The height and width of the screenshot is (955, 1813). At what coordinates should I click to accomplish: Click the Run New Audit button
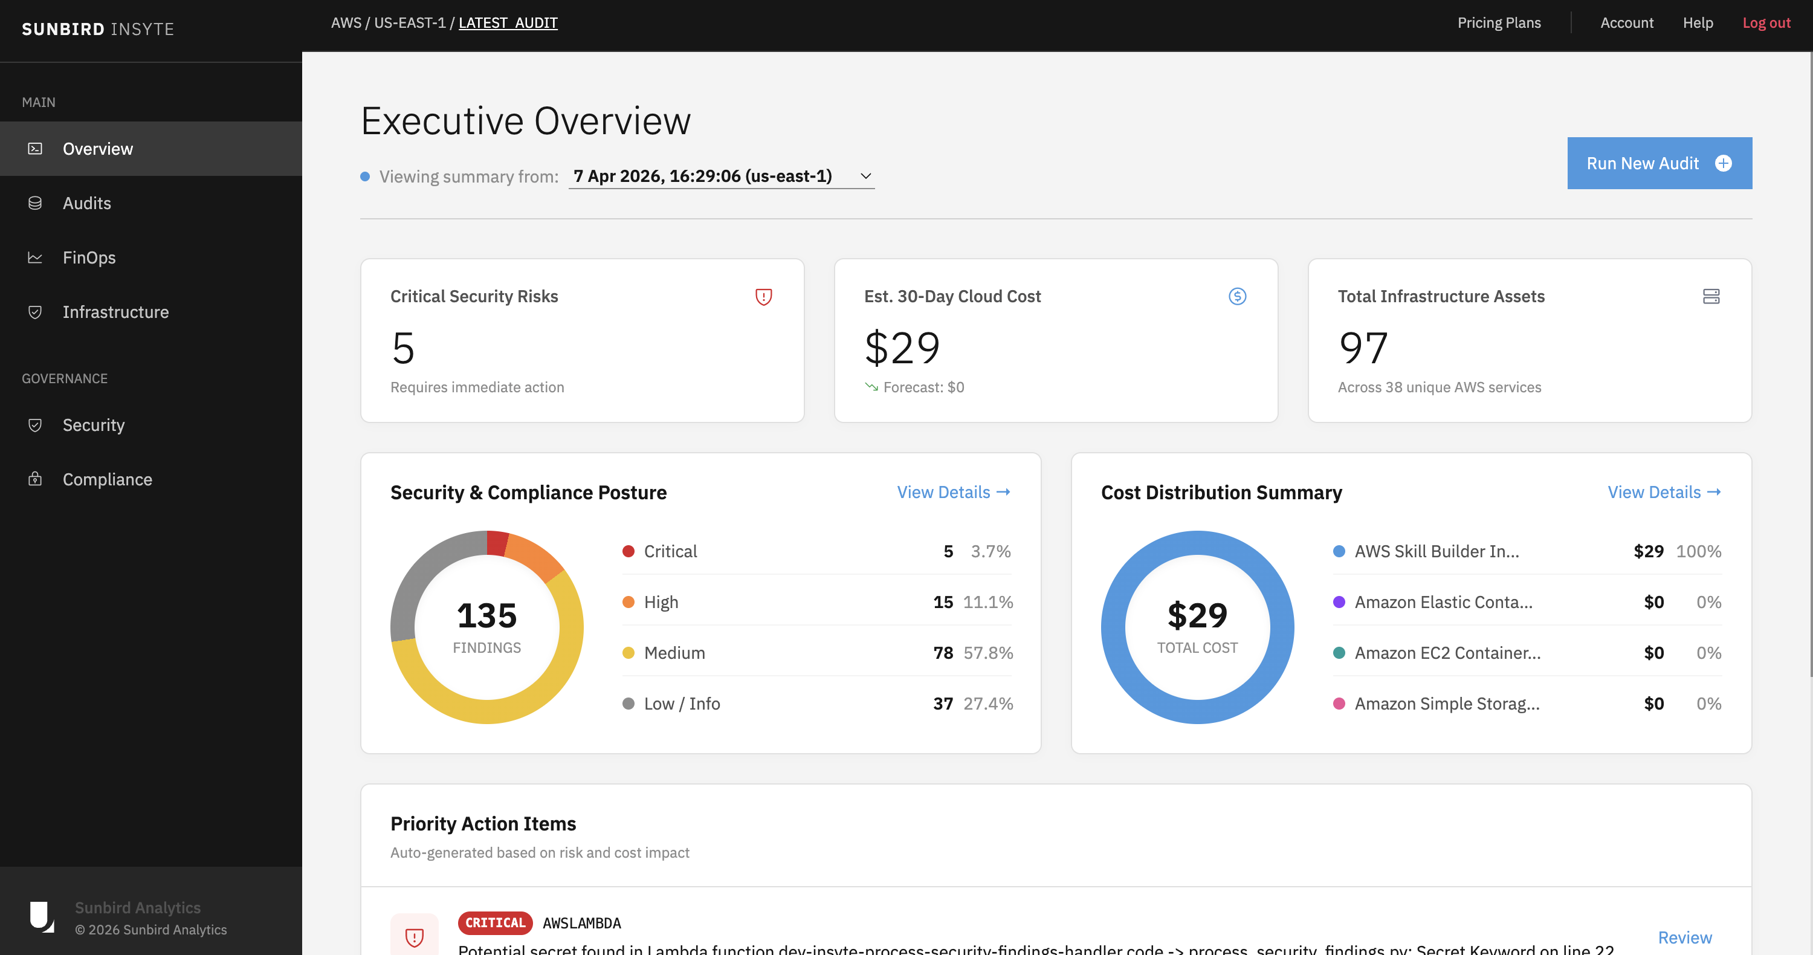point(1659,163)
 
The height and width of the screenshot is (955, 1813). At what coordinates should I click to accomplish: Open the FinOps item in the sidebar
point(89,257)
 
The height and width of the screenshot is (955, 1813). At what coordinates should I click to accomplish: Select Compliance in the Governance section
point(107,479)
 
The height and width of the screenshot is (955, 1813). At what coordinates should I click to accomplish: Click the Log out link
point(1766,22)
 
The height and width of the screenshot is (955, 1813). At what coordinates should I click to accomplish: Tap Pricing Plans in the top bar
point(1498,22)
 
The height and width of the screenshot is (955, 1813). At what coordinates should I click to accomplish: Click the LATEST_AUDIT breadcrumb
point(508,22)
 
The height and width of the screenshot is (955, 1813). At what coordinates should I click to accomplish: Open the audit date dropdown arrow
point(865,176)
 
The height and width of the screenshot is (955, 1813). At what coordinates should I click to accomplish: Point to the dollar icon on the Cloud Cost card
point(1237,296)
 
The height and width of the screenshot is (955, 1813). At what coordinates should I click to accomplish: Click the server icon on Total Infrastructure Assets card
point(1711,296)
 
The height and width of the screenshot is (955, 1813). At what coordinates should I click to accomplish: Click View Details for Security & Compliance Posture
point(953,492)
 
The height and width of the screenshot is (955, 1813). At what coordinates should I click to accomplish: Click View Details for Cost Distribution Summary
point(1664,492)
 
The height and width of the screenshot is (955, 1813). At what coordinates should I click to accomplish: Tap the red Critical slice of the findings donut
point(497,543)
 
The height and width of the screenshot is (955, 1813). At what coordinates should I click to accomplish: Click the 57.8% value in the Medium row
point(988,653)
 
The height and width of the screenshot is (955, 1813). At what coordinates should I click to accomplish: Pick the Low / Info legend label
point(681,704)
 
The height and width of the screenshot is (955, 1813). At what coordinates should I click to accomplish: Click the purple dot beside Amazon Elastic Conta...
point(1339,603)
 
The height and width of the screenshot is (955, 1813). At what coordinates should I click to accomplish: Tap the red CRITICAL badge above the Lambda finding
point(495,922)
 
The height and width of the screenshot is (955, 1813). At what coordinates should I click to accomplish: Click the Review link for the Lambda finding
point(1684,937)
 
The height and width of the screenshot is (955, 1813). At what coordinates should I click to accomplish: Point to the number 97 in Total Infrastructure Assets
point(1363,348)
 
